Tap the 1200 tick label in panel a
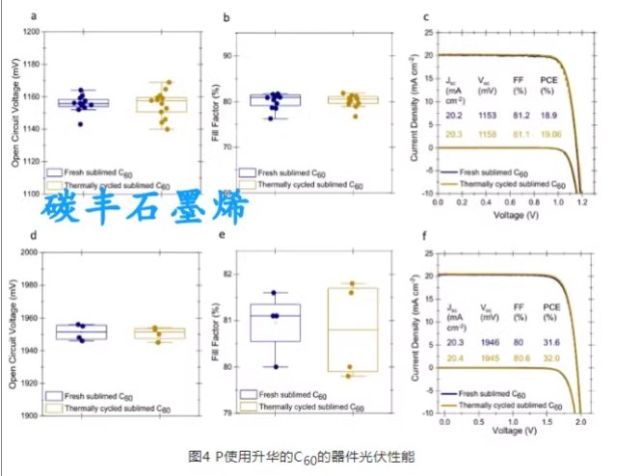pos(32,32)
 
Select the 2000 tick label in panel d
pos(32,251)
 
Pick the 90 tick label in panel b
pos(227,55)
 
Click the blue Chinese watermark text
pos(146,207)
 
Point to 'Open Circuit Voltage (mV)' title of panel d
pos(13,332)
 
